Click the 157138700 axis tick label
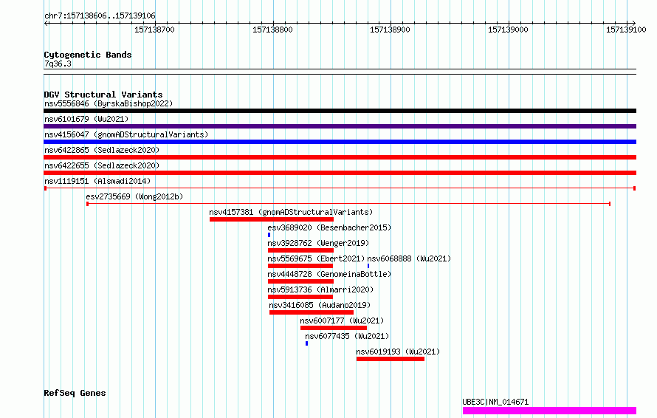(x=154, y=30)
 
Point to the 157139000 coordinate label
(x=508, y=30)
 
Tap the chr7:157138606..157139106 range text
(x=100, y=16)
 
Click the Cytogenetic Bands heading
(x=88, y=55)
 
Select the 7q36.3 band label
(x=58, y=64)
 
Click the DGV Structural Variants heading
(x=103, y=95)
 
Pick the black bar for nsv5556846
(x=340, y=111)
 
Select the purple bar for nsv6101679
(x=340, y=126)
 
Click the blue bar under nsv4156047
(x=340, y=142)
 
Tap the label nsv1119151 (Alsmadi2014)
(x=97, y=181)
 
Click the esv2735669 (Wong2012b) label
(x=134, y=196)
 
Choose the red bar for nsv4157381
(x=272, y=219)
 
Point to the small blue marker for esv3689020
(x=269, y=235)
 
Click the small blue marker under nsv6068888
(x=368, y=266)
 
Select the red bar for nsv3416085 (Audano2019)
(x=312, y=312)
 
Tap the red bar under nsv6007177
(x=334, y=328)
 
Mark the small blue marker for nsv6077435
(x=306, y=343)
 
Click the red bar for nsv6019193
(x=391, y=359)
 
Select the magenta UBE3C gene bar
(x=549, y=411)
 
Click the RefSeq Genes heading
(x=75, y=394)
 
